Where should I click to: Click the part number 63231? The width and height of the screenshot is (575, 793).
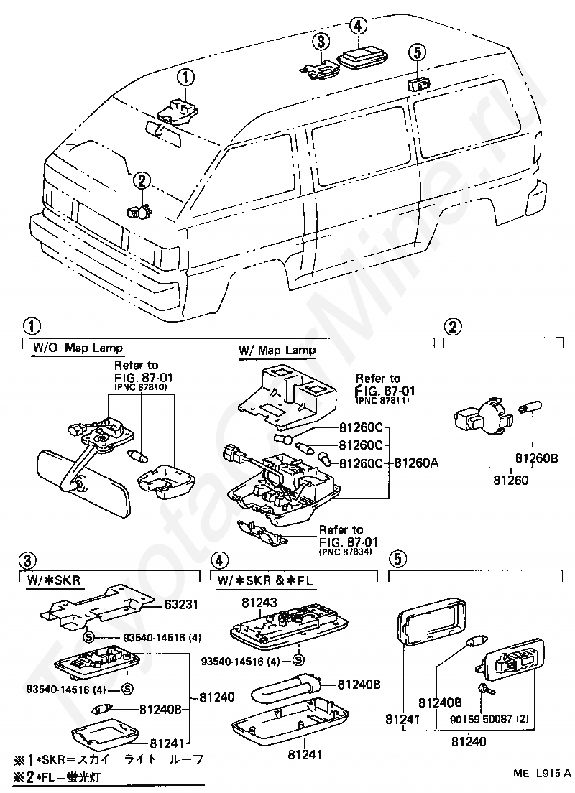pos(181,604)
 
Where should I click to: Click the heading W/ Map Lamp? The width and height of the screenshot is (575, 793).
pos(277,351)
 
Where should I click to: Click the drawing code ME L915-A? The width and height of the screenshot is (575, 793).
pos(543,774)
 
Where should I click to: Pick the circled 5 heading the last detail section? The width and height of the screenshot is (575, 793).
pos(397,558)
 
